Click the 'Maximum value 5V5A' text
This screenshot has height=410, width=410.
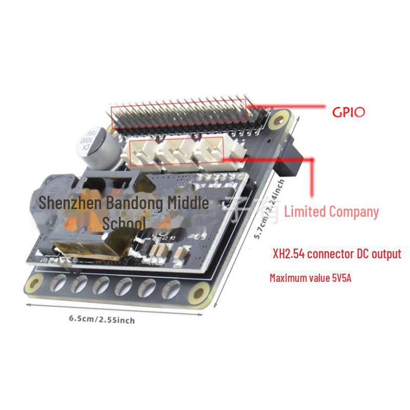pyautogui.click(x=310, y=278)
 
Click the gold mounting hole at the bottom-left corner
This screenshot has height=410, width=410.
pyautogui.click(x=36, y=282)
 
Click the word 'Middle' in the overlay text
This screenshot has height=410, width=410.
pyautogui.click(x=188, y=203)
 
